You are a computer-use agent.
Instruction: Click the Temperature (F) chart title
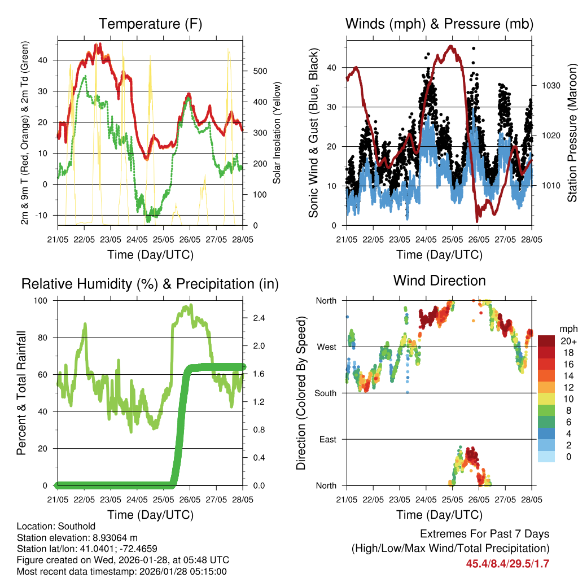tap(150, 24)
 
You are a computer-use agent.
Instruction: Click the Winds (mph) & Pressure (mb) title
tap(439, 24)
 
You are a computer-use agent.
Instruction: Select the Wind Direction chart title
tap(439, 280)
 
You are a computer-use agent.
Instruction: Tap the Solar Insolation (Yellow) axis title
tap(277, 133)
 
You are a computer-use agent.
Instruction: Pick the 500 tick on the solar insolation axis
tap(260, 71)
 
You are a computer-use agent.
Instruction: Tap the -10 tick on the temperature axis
tap(43, 215)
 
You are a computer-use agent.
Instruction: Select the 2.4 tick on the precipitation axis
tap(260, 318)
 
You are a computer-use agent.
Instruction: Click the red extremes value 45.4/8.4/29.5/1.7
tap(507, 563)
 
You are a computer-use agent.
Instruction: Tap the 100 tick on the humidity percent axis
tap(42, 300)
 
